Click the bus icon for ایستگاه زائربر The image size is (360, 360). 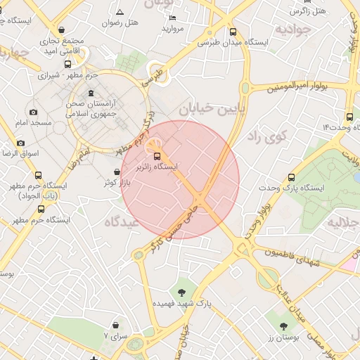[157, 156]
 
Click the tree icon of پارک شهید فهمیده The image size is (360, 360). [182, 292]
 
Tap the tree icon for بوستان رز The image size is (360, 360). [283, 326]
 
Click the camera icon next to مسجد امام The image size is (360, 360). [33, 112]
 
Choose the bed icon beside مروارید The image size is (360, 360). [173, 18]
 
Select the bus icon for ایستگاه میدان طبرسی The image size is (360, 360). [233, 32]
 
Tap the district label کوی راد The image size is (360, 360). [264, 136]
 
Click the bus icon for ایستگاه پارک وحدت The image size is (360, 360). [291, 177]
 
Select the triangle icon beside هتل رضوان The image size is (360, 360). [120, 12]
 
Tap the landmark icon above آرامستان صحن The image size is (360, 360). [91, 94]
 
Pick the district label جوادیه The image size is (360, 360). [292, 30]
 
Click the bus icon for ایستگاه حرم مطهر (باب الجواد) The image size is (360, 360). [38, 176]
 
